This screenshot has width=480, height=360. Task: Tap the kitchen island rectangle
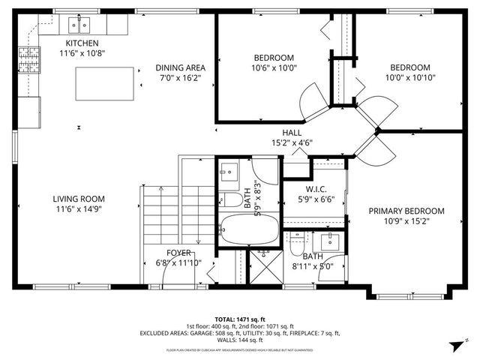click(105, 82)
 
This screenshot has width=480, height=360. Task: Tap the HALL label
click(292, 133)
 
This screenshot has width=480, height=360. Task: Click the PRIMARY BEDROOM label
click(406, 211)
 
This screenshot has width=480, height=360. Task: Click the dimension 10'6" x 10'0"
click(273, 67)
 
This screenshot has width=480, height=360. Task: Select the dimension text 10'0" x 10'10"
click(410, 76)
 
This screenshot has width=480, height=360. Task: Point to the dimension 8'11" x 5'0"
click(313, 264)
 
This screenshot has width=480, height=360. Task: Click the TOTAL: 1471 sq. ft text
click(240, 319)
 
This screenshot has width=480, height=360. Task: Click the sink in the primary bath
click(328, 242)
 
